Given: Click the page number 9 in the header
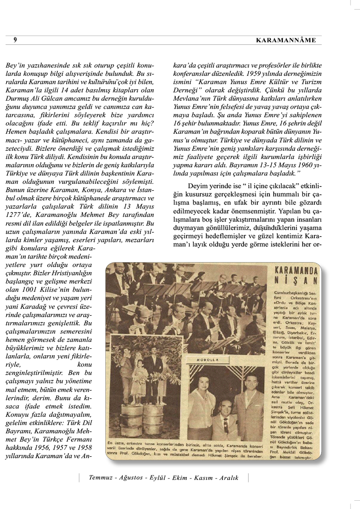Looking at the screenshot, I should [x=15, y=40].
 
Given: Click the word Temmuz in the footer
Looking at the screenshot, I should [x=100, y=478].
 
